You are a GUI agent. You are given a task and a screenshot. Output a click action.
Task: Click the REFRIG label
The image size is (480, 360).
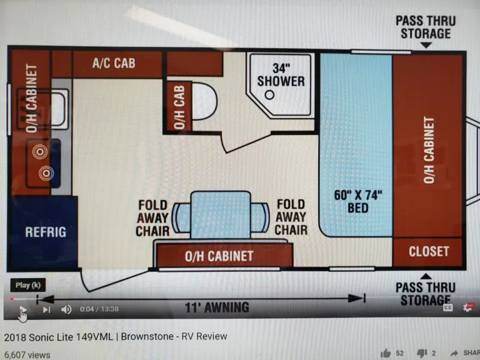pos(46,232)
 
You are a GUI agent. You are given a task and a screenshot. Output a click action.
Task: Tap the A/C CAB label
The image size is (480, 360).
pos(114,63)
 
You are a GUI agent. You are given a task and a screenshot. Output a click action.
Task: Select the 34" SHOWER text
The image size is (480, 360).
pos(281,74)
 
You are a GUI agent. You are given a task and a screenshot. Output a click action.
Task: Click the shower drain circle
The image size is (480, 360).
pos(269,95)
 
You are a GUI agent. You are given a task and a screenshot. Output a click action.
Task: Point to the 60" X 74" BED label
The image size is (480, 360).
pos(357,200)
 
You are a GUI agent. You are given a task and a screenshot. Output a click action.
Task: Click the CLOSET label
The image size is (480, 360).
pos(429,251)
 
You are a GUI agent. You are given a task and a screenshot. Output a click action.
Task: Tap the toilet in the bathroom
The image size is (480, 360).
pos(203,102)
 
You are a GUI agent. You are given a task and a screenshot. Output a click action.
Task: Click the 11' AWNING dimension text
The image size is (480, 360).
pos(217,307)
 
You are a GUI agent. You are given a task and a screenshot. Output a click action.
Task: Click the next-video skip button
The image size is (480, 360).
pos(46,309)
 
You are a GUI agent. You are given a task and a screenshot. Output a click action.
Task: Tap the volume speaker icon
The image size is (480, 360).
pos(66,309)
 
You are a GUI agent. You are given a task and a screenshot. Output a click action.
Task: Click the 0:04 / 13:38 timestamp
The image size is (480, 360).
pos(99,309)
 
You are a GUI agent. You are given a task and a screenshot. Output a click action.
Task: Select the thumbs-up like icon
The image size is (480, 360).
pos(386,353)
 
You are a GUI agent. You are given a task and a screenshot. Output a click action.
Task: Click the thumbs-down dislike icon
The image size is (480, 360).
pos(421,353)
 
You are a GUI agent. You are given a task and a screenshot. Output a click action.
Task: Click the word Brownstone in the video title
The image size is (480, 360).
pos(148,336)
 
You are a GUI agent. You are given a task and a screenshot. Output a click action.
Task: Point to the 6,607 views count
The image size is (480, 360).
pos(27,354)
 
